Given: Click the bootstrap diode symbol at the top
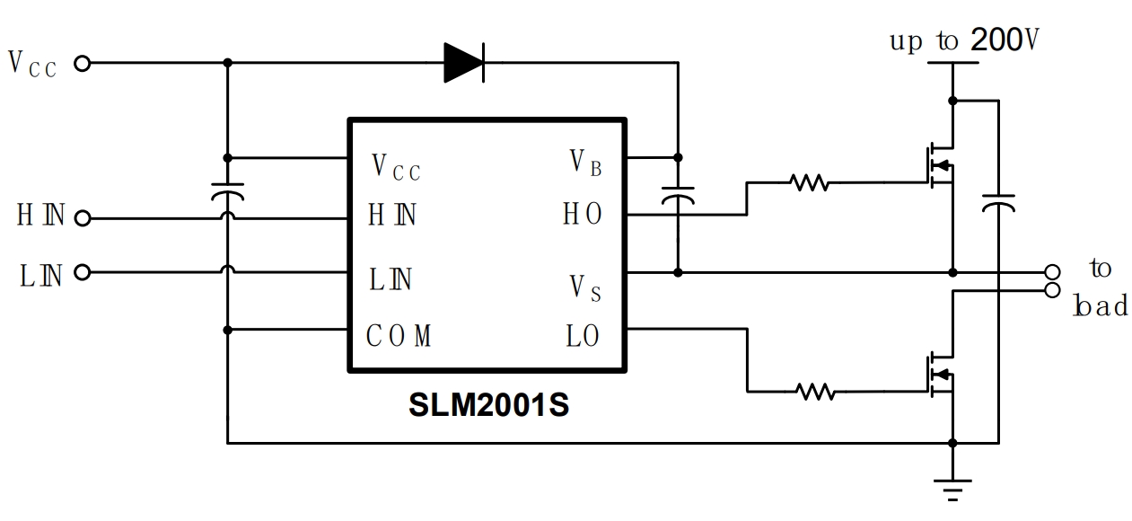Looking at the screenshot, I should pyautogui.click(x=464, y=63).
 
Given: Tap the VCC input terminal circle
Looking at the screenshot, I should pyautogui.click(x=82, y=64).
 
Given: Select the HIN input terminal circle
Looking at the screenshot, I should pyautogui.click(x=83, y=217).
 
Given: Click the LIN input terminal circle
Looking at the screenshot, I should pyautogui.click(x=83, y=272).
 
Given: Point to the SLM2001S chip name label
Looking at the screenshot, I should pyautogui.click(x=488, y=405).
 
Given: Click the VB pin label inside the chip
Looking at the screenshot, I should pyautogui.click(x=585, y=162).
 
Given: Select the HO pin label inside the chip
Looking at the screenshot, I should pyautogui.click(x=583, y=216).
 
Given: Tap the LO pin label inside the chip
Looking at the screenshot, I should pyautogui.click(x=583, y=337).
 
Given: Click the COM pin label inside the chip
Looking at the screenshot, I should pyautogui.click(x=399, y=337).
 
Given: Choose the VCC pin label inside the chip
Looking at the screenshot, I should pyautogui.click(x=395, y=167).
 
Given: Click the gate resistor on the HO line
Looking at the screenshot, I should pyautogui.click(x=809, y=183).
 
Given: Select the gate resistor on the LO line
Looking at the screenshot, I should pyautogui.click(x=815, y=392).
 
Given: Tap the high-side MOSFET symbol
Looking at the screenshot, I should pyautogui.click(x=939, y=164).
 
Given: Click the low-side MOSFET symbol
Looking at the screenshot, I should pyautogui.click(x=939, y=373).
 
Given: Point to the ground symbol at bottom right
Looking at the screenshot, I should pyautogui.click(x=952, y=489).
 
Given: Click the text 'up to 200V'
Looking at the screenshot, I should pyautogui.click(x=965, y=40).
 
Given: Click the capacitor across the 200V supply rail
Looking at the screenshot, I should pyautogui.click(x=997, y=202).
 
